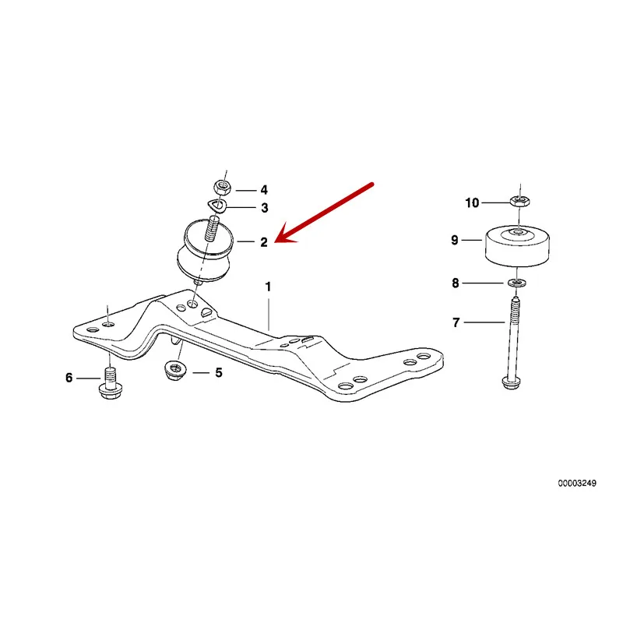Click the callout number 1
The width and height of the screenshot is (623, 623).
[x=268, y=287]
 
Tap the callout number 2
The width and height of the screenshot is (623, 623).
[x=264, y=242]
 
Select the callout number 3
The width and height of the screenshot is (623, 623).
[x=264, y=208]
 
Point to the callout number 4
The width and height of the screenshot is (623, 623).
[x=264, y=189]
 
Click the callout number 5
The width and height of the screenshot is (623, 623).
[x=219, y=373]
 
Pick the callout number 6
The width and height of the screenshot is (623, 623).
[x=69, y=378]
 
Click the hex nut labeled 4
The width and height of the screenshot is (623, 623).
[x=221, y=188]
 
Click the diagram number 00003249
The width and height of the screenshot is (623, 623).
[x=576, y=484]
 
